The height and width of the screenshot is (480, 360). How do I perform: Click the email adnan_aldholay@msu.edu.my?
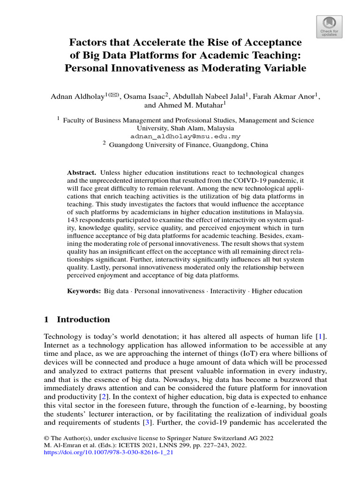186,136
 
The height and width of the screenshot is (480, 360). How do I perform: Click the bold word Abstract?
82,173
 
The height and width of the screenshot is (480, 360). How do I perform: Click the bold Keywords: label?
84,291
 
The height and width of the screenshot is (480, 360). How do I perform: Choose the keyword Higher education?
277,291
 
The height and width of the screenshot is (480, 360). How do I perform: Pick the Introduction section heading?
83,320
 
